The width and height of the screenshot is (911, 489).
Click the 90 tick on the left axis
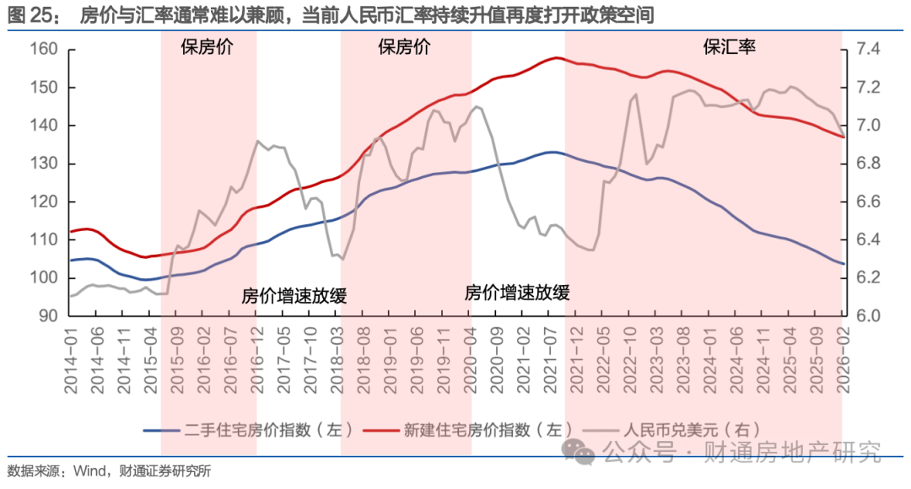[49, 316]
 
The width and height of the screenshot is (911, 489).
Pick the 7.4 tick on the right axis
[870, 50]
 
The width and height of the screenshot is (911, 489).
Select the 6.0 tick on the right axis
[870, 316]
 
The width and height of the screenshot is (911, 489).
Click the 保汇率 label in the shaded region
[730, 47]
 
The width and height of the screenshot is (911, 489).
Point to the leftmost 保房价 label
[208, 47]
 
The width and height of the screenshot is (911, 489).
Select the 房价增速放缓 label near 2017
[294, 296]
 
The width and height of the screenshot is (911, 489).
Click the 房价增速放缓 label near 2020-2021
[517, 293]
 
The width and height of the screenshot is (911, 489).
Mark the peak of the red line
[556, 57]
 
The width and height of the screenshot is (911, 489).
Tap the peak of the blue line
[551, 152]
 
